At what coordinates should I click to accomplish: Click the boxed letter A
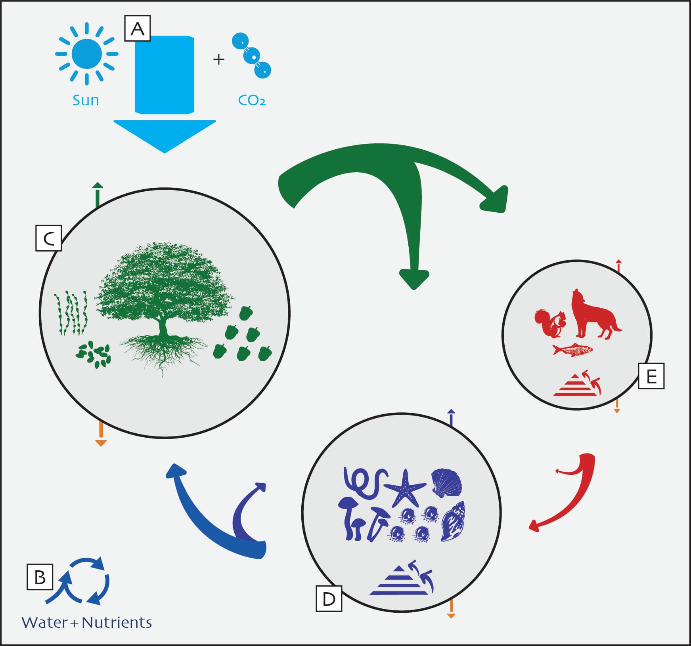click(x=138, y=29)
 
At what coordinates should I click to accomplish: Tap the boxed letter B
click(x=40, y=577)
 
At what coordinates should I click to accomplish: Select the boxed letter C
click(x=49, y=238)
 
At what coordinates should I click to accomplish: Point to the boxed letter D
click(x=329, y=598)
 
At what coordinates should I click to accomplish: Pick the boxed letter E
click(x=651, y=376)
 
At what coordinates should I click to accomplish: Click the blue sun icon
click(x=87, y=53)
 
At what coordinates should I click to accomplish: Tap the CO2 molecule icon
click(x=251, y=55)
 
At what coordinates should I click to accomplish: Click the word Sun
click(x=86, y=100)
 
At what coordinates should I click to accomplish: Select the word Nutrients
click(x=117, y=623)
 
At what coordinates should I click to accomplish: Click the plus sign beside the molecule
click(x=219, y=59)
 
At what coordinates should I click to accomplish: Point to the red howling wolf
click(x=595, y=314)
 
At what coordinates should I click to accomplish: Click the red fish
click(x=572, y=350)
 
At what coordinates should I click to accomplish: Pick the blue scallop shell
click(x=447, y=482)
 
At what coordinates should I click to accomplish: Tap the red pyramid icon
click(x=577, y=383)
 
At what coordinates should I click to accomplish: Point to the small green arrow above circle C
click(x=98, y=195)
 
